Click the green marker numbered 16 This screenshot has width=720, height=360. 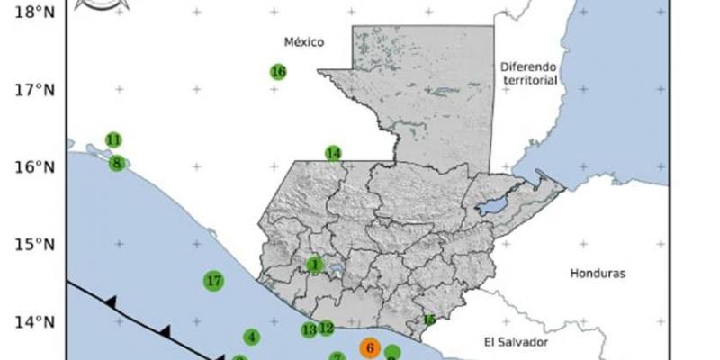tap(278, 72)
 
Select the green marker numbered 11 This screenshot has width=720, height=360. tap(113, 140)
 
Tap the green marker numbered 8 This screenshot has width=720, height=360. tap(117, 163)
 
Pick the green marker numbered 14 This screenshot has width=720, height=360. tap(334, 153)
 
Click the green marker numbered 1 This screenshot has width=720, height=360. tap(314, 265)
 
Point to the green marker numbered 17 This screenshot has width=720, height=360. tap(213, 281)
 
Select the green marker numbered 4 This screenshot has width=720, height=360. tap(252, 337)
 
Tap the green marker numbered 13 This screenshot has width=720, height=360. tap(309, 330)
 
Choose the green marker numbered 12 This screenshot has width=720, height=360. tap(327, 328)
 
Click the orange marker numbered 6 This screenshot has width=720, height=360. tap(369, 347)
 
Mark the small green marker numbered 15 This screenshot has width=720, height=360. tap(429, 319)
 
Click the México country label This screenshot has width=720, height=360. tap(303, 41)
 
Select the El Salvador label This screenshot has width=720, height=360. tap(516, 341)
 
